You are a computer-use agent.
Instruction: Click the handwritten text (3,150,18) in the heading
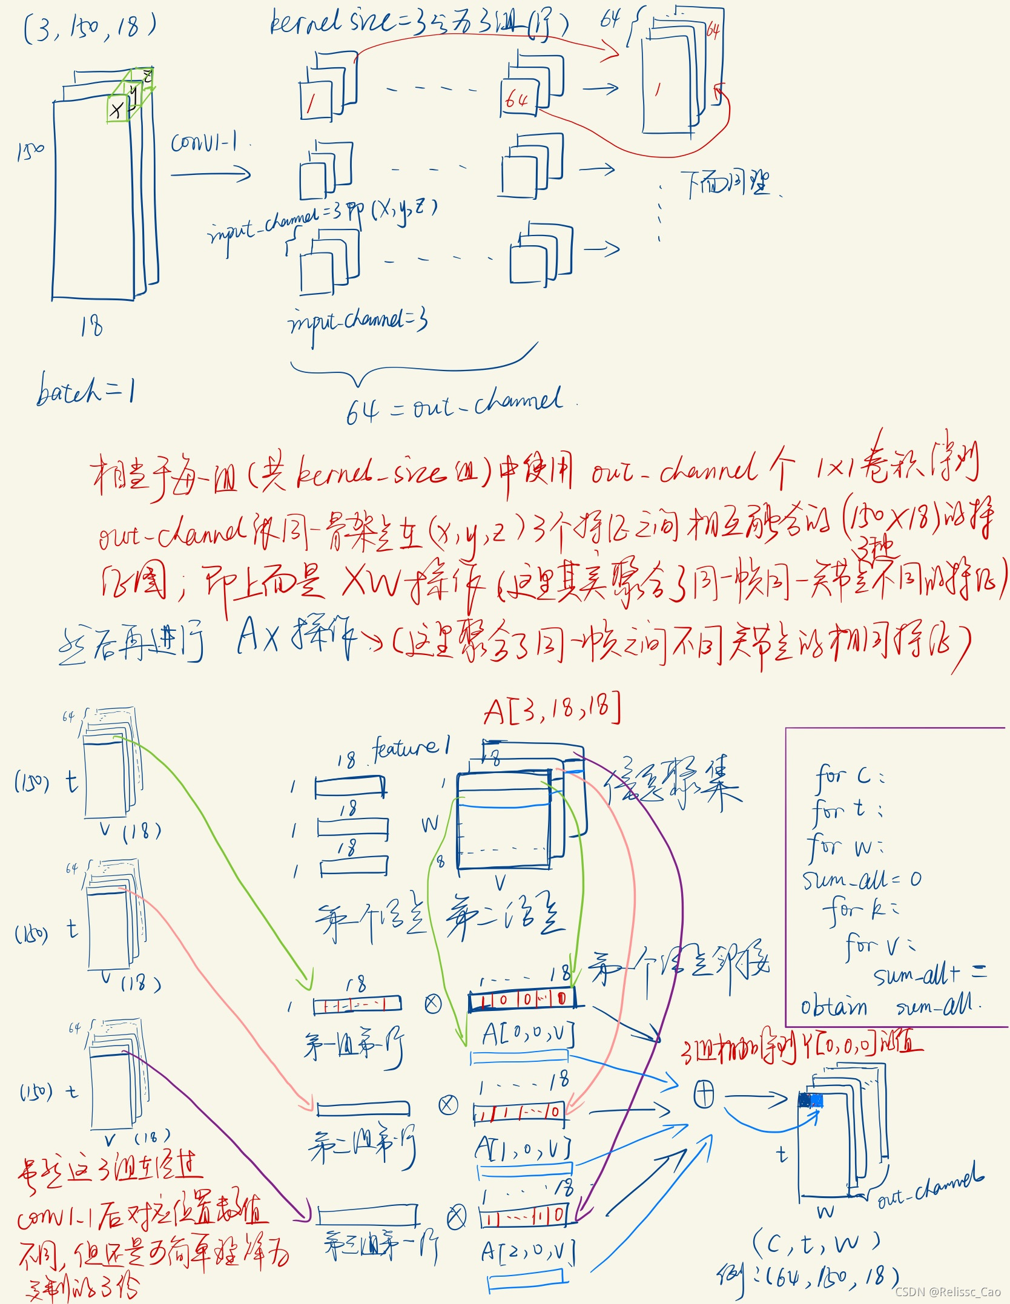pyautogui.click(x=90, y=28)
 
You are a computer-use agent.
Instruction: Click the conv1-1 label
pyautogui.click(x=204, y=143)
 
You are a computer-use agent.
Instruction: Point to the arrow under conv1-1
pyautogui.click(x=210, y=175)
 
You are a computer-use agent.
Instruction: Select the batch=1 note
pyautogui.click(x=85, y=389)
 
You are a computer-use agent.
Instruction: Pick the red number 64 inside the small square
pyautogui.click(x=517, y=99)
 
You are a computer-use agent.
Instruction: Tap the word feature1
pyautogui.click(x=411, y=748)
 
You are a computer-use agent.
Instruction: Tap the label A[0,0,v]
pyautogui.click(x=527, y=1034)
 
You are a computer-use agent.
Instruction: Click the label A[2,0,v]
pyautogui.click(x=527, y=1251)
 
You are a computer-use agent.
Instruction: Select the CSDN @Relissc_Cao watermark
pyautogui.click(x=947, y=1291)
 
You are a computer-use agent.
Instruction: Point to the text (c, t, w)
pyautogui.click(x=815, y=1243)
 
